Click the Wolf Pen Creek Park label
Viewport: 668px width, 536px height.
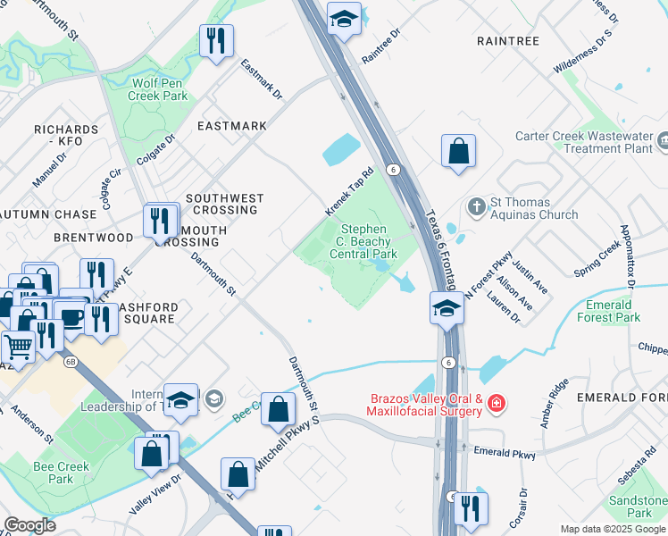coord(157,88)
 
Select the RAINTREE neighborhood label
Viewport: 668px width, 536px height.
coord(507,41)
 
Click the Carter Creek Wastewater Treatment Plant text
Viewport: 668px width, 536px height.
coord(584,143)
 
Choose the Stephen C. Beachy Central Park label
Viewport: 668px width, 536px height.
coord(363,241)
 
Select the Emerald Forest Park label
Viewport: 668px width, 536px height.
coord(609,311)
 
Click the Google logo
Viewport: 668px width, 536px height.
coord(30,524)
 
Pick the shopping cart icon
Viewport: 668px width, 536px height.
coord(17,344)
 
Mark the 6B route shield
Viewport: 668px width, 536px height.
coord(70,361)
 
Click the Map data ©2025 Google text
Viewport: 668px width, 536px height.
coord(613,529)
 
